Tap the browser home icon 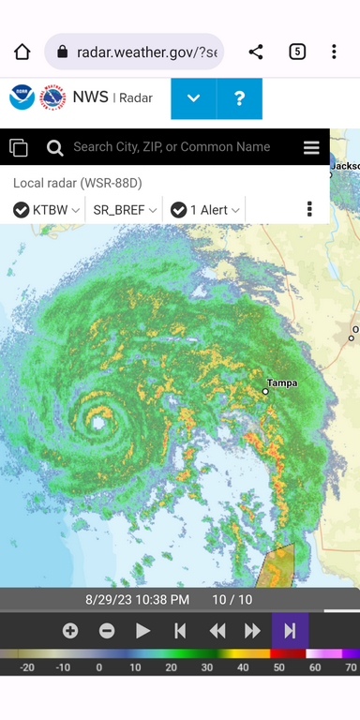pyautogui.click(x=22, y=52)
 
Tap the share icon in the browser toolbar pyautogui.click(x=256, y=52)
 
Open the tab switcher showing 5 pyautogui.click(x=297, y=52)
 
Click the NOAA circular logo pyautogui.click(x=22, y=97)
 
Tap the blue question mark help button pyautogui.click(x=240, y=98)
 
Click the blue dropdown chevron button pyautogui.click(x=194, y=98)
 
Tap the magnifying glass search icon pyautogui.click(x=55, y=147)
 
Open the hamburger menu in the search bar pyautogui.click(x=311, y=148)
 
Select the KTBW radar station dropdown pyautogui.click(x=48, y=210)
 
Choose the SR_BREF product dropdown pyautogui.click(x=124, y=210)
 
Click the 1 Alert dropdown pyautogui.click(x=205, y=210)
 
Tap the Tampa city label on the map pyautogui.click(x=281, y=383)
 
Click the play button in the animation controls pyautogui.click(x=142, y=631)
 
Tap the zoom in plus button pyautogui.click(x=70, y=631)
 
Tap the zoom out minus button pyautogui.click(x=107, y=631)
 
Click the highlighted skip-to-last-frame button pyautogui.click(x=290, y=631)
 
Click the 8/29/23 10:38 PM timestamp pyautogui.click(x=137, y=599)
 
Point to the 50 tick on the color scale pyautogui.click(x=278, y=667)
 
